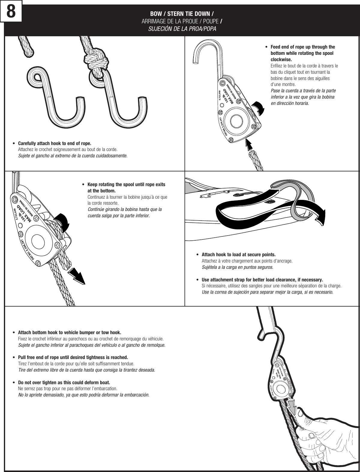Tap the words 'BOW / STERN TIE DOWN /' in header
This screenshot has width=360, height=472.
tap(182, 14)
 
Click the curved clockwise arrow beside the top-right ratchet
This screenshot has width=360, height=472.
tap(258, 108)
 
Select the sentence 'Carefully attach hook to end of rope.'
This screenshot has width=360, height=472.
tap(55, 143)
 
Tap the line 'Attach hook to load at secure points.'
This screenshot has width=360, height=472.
tap(238, 255)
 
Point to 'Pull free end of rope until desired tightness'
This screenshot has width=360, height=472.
tap(73, 358)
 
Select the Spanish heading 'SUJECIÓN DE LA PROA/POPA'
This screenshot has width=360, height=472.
tap(182, 29)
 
